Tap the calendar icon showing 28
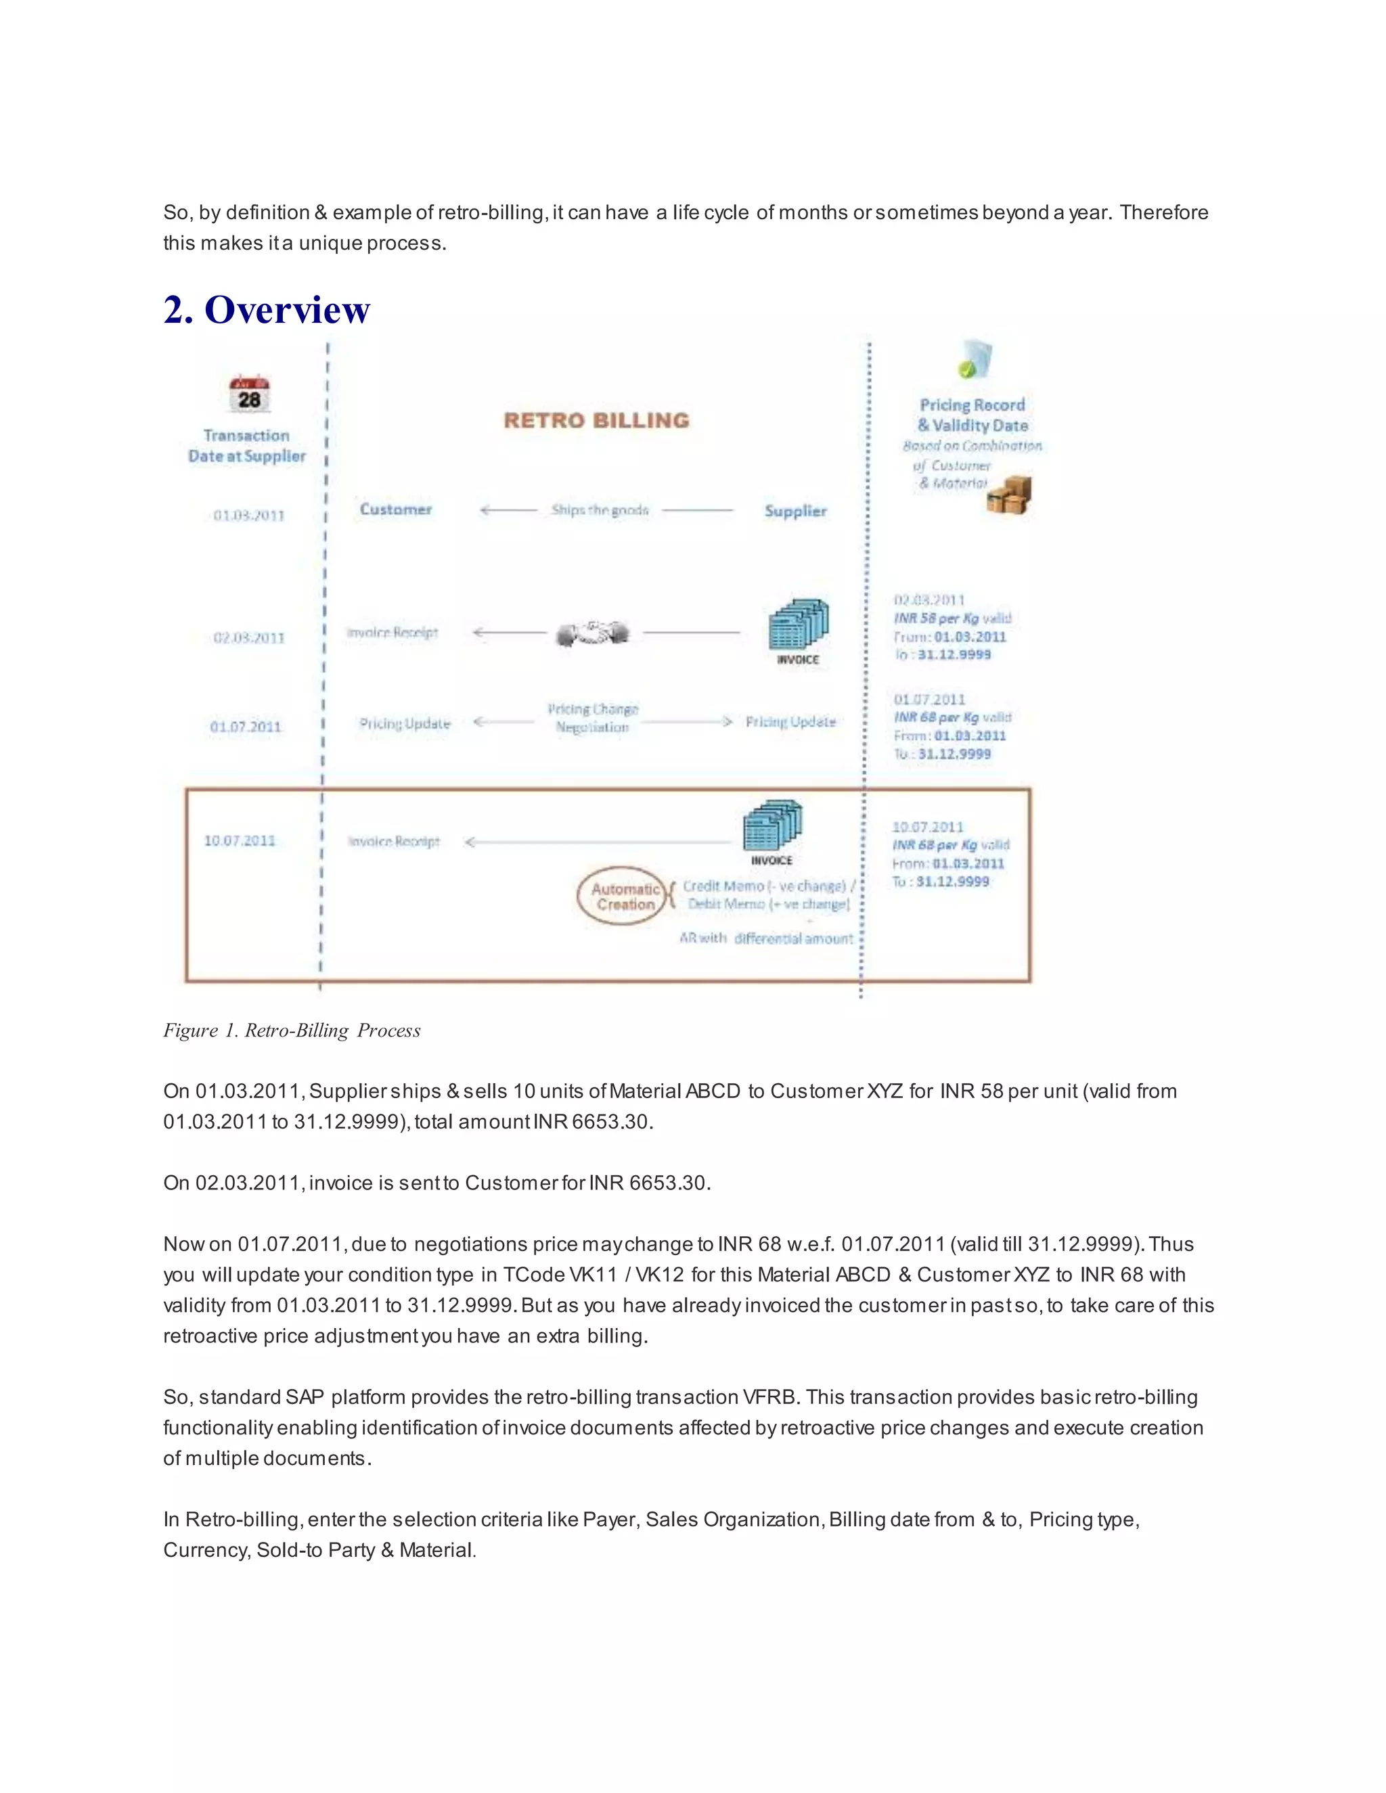coord(250,393)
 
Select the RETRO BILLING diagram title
coord(596,420)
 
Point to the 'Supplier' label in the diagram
coord(795,511)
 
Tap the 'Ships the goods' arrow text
coord(600,511)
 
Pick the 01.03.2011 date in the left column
coord(249,516)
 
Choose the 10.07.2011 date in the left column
coord(240,840)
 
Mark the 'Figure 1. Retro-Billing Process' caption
coord(292,1030)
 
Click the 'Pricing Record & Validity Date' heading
coord(973,415)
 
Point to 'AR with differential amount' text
coord(765,938)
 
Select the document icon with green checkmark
coord(975,359)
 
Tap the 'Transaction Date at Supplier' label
coord(246,446)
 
